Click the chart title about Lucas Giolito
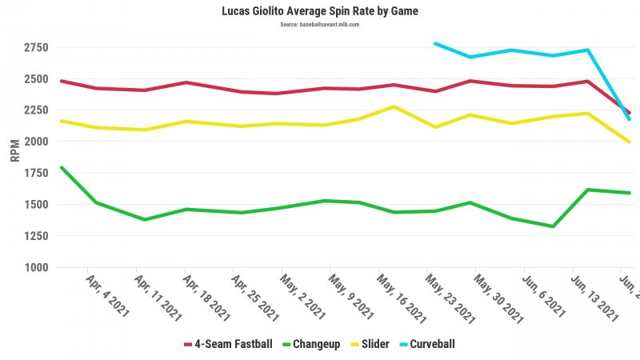(320, 12)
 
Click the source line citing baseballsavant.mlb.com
(320, 25)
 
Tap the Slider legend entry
(370, 344)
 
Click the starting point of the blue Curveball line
(434, 43)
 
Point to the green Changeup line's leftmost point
(61, 168)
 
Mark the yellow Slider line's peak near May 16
(393, 106)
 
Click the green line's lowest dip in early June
(552, 226)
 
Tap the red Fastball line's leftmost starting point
(61, 81)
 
